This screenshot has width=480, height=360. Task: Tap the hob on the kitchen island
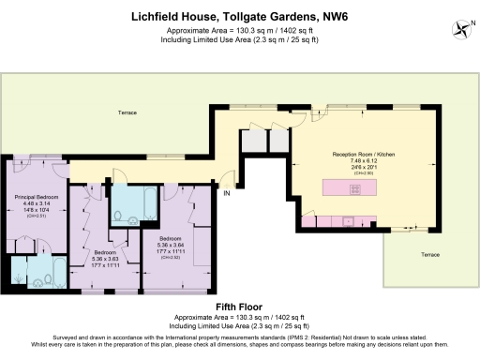coord(356,189)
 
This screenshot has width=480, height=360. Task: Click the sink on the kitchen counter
coord(348,222)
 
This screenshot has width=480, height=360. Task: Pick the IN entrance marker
coord(226,193)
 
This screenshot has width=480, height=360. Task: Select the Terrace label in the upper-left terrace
coord(127,112)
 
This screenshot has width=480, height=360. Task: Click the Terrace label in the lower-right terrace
coord(428,254)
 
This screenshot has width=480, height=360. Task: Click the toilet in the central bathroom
coord(118,217)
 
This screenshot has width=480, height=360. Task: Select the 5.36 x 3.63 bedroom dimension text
coord(105,259)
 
